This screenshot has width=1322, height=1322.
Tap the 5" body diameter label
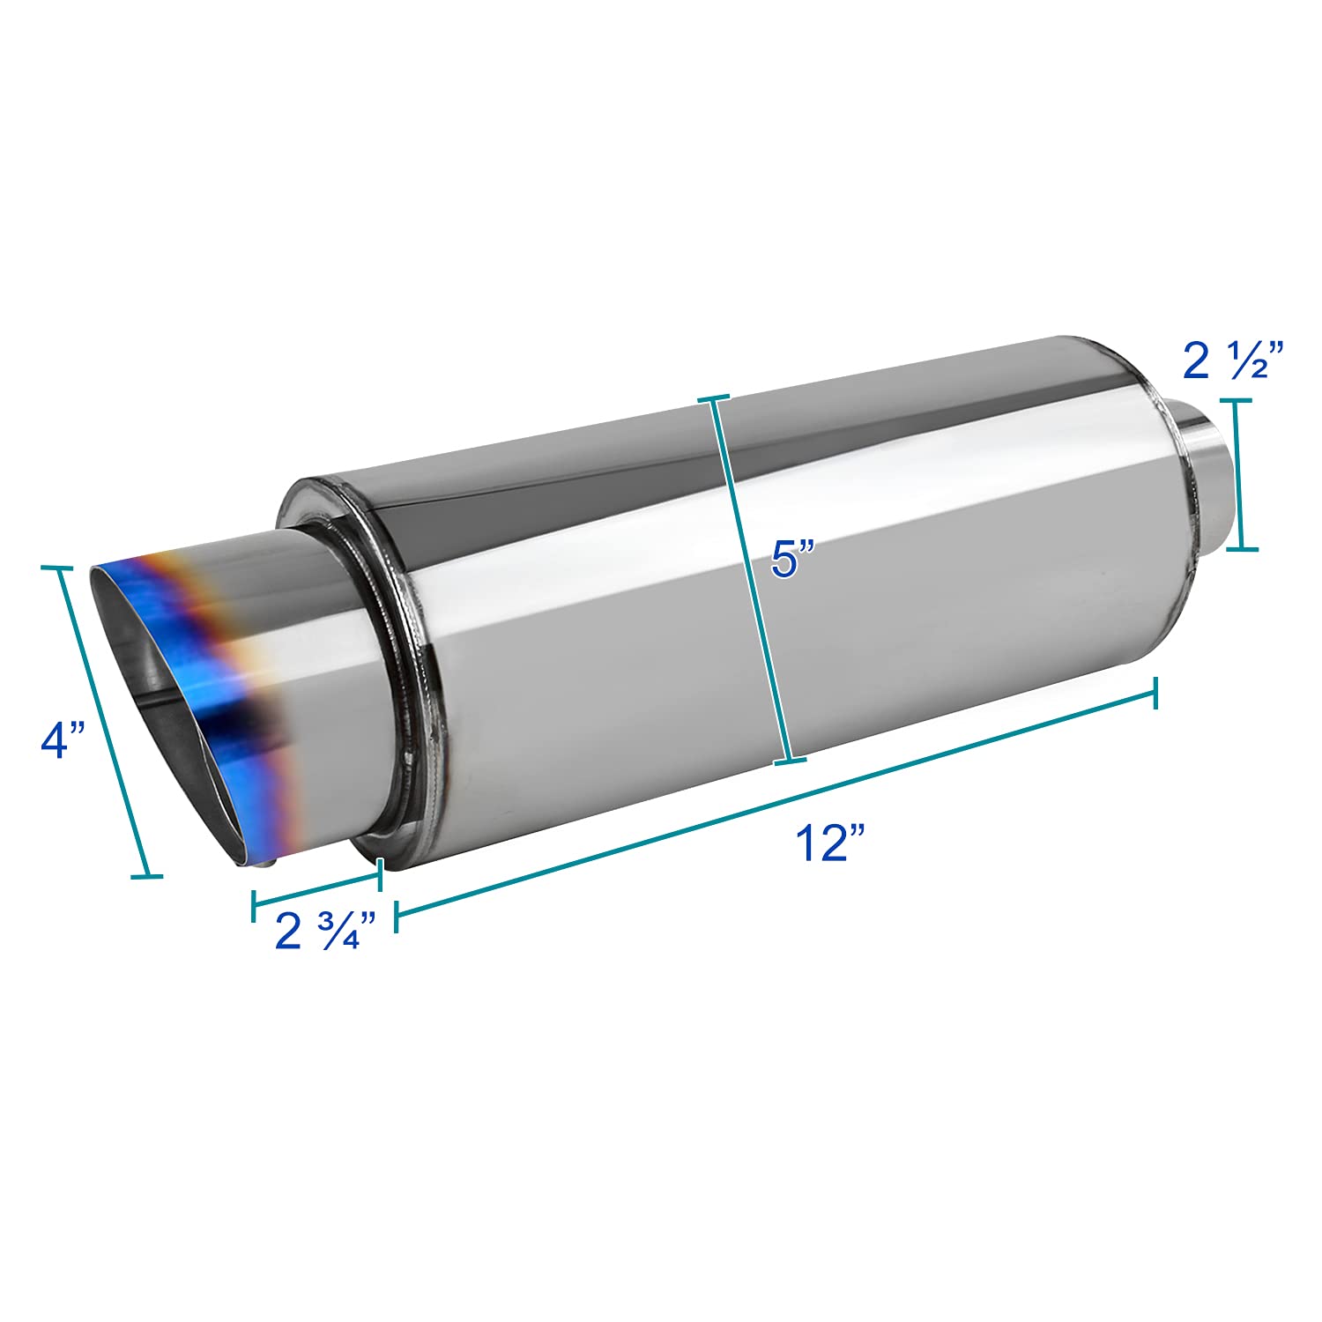tap(794, 559)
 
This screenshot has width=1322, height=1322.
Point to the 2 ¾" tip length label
tap(325, 931)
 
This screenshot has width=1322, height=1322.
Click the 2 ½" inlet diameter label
tap(1225, 361)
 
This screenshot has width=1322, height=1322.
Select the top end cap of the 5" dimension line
tap(714, 399)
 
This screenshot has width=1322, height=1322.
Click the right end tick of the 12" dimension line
tap(1155, 692)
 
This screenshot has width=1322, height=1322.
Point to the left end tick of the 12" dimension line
tap(396, 916)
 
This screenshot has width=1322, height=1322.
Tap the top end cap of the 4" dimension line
tap(58, 569)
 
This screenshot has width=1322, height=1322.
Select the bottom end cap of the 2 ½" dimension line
tap(1243, 548)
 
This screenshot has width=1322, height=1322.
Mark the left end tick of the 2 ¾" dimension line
tap(254, 901)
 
